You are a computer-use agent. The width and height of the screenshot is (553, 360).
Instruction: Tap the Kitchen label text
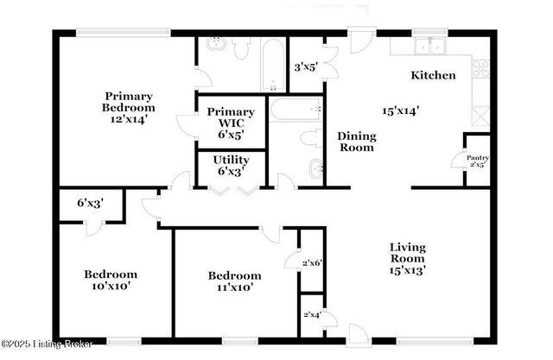click(433, 75)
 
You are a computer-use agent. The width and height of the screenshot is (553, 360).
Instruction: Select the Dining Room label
click(356, 142)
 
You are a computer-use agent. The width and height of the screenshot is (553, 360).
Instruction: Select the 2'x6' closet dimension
click(311, 262)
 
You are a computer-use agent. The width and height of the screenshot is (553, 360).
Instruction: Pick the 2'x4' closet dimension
click(311, 314)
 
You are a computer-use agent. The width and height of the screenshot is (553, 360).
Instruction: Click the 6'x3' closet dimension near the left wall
click(90, 204)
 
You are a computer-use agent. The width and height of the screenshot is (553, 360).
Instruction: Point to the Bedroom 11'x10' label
click(234, 281)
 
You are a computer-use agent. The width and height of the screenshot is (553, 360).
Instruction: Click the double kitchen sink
click(428, 47)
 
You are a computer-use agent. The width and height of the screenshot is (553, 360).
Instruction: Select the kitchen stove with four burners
click(481, 68)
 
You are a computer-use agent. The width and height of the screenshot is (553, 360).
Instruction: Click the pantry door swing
click(458, 161)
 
